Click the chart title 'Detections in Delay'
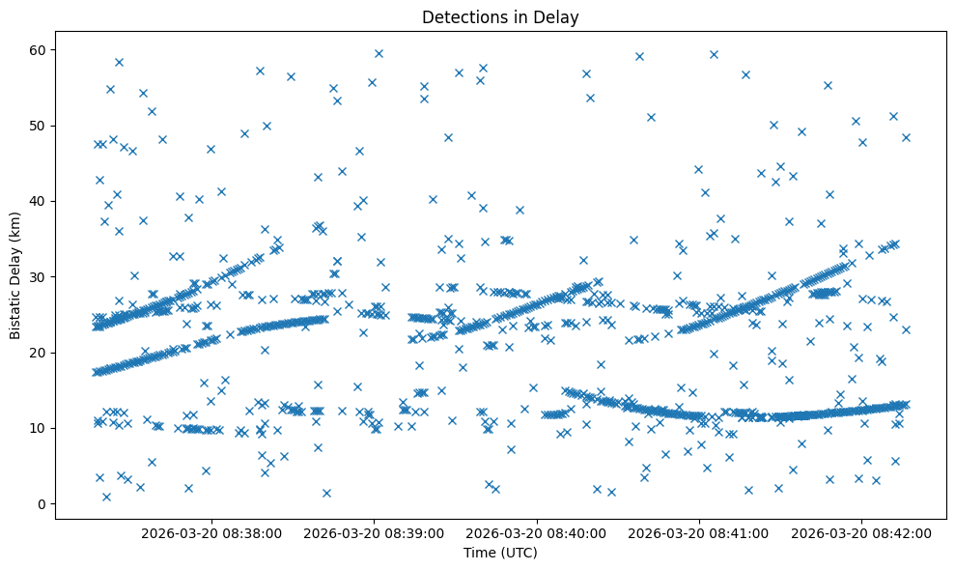point(500,16)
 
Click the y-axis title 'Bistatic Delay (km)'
point(15,275)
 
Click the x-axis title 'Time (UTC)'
point(500,554)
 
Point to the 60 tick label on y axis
point(37,50)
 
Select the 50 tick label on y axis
point(37,126)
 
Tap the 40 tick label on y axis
point(37,201)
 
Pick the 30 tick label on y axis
point(37,276)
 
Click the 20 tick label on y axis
point(37,353)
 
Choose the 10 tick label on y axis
point(37,428)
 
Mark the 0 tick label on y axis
point(41,503)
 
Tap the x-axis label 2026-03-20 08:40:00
point(537,533)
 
